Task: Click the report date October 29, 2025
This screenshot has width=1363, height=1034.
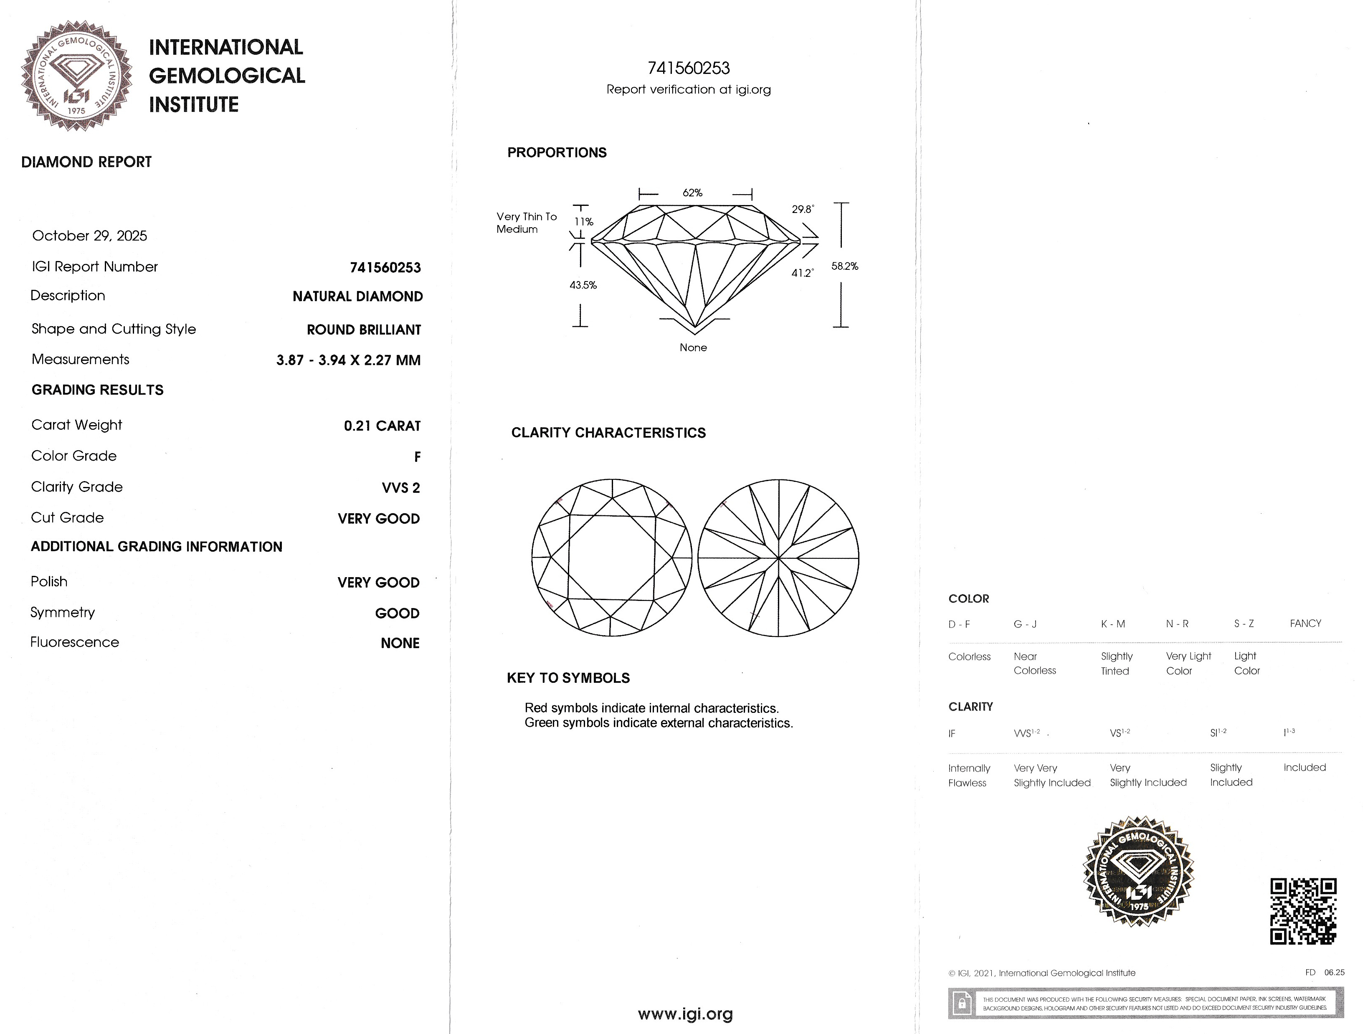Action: [89, 236]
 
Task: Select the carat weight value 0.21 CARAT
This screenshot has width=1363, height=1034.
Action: [382, 426]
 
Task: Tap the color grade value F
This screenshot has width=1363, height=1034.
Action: [417, 456]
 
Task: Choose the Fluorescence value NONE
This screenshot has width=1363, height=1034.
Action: [400, 643]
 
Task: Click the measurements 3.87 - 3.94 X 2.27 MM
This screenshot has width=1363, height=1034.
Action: [348, 360]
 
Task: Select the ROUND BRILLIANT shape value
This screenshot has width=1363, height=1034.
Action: [364, 329]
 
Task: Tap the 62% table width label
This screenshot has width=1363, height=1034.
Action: [692, 193]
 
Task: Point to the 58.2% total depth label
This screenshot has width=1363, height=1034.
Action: [844, 266]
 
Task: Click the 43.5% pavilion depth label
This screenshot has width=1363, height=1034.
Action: [583, 285]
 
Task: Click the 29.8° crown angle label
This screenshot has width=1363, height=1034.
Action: [802, 210]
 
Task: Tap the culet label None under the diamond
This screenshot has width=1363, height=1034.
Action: [693, 347]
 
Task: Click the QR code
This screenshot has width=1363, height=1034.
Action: [1303, 911]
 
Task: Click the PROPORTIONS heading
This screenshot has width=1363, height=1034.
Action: [556, 153]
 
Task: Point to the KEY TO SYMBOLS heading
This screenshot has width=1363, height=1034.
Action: [568, 678]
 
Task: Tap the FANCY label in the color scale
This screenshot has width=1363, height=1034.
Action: [1305, 623]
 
